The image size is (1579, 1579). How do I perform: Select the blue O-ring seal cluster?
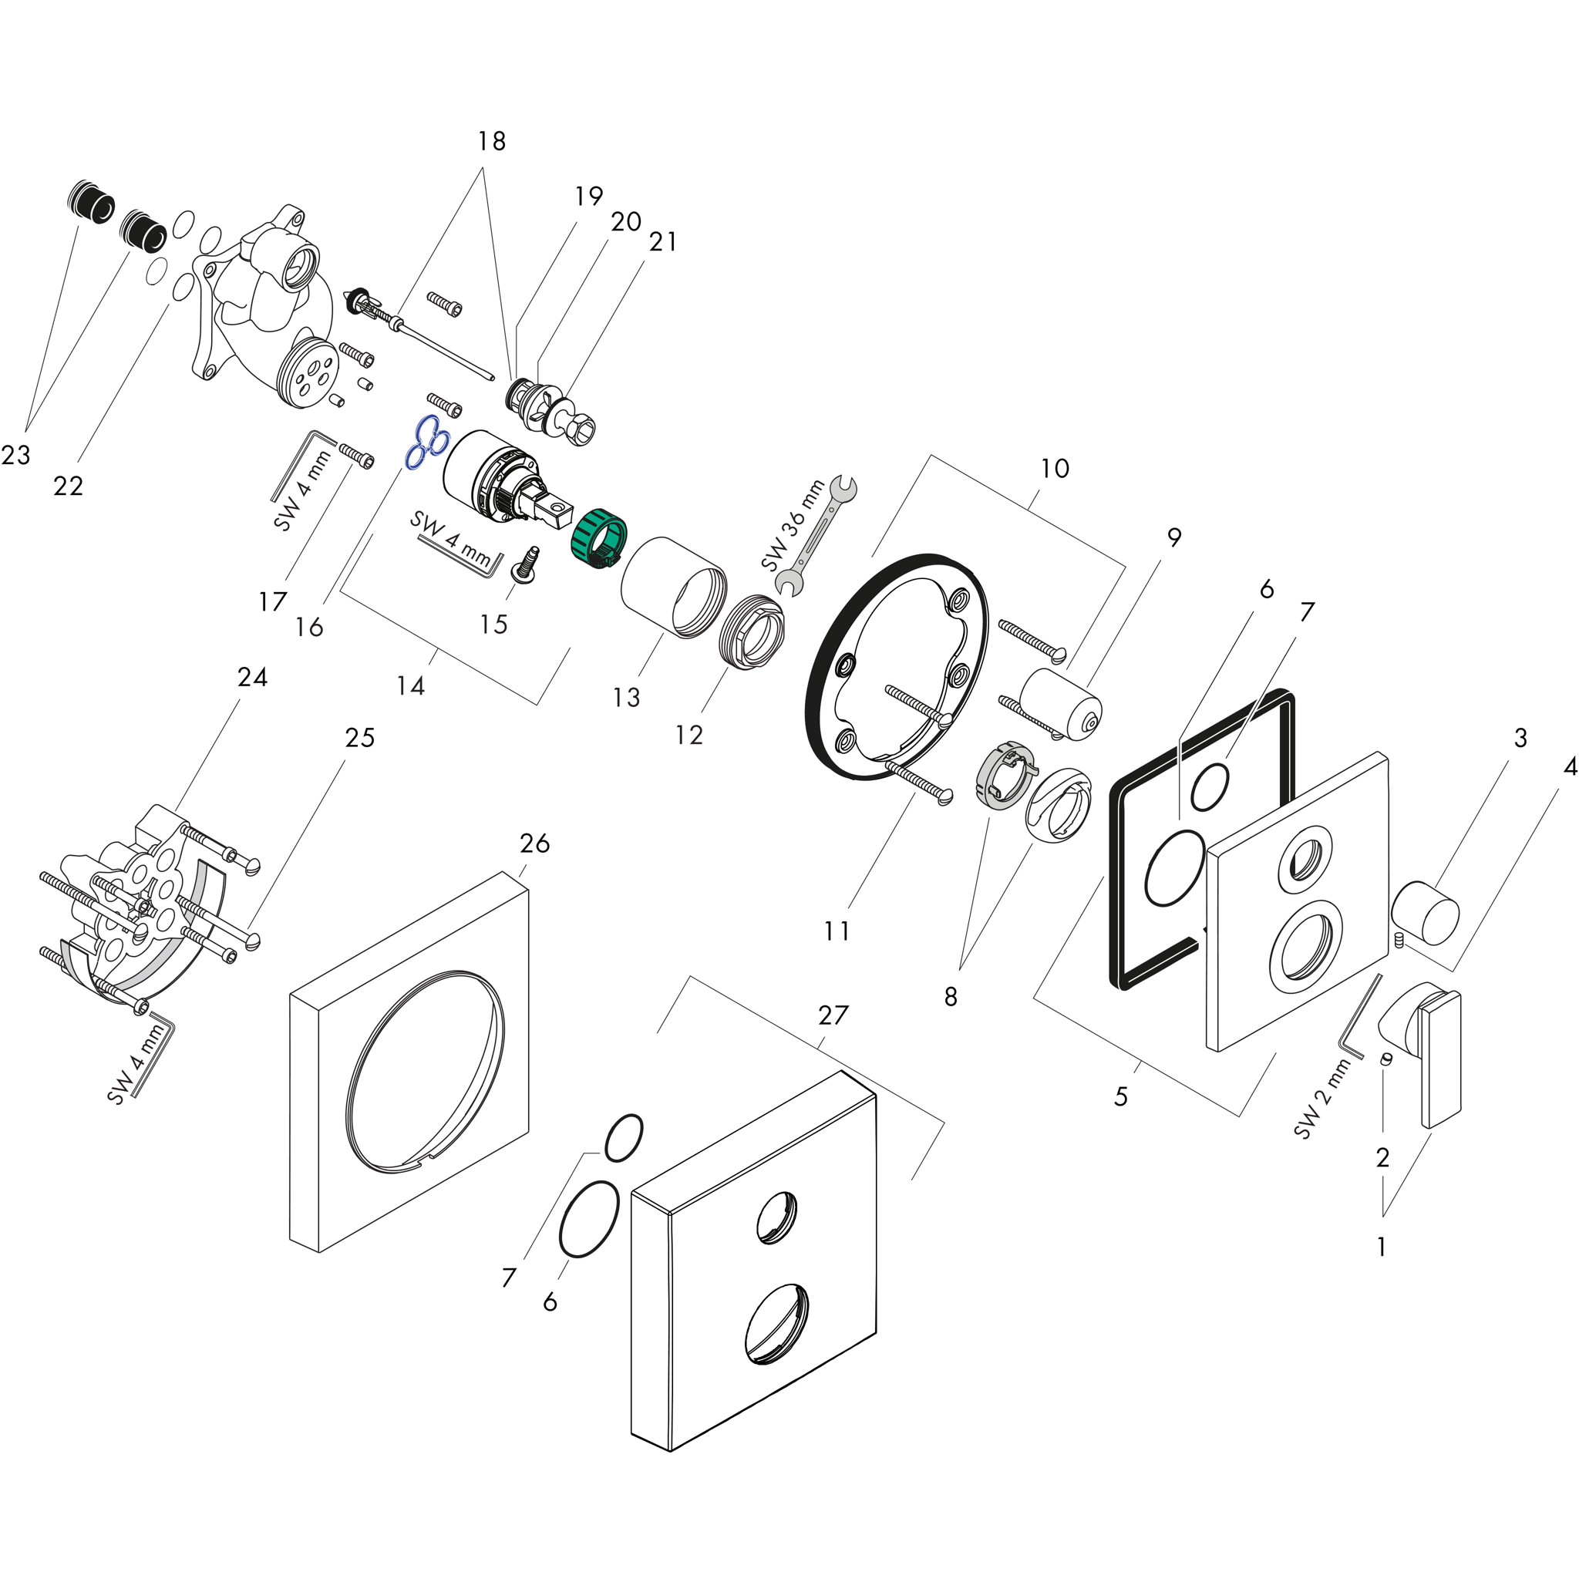click(x=426, y=443)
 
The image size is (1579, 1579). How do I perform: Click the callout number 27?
click(x=833, y=1015)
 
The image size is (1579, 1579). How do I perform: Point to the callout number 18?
click(x=491, y=141)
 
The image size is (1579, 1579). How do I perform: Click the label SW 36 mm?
click(x=792, y=526)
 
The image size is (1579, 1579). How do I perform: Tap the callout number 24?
click(x=253, y=677)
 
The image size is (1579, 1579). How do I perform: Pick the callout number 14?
click(x=410, y=685)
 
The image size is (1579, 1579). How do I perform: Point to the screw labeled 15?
click(x=525, y=564)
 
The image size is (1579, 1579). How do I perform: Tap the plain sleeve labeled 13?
click(x=673, y=586)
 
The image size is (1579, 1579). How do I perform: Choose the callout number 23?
click(x=15, y=454)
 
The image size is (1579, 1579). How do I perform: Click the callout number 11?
click(x=836, y=930)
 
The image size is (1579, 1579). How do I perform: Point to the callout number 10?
click(x=1054, y=468)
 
